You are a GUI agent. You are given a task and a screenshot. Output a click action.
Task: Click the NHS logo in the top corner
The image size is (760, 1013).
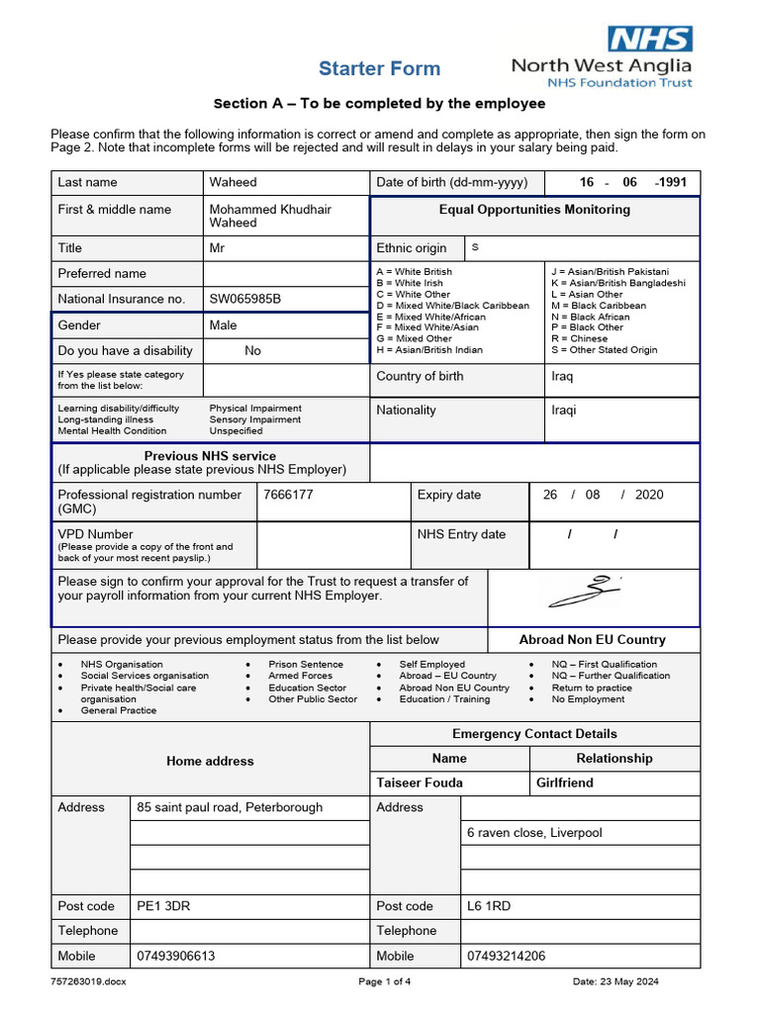click(x=650, y=39)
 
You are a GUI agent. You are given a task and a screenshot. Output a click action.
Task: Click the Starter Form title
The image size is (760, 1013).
click(x=379, y=68)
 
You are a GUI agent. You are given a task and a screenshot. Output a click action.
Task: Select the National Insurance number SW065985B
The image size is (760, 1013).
click(x=245, y=299)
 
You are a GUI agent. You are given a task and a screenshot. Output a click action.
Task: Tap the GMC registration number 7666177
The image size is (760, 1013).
click(x=288, y=495)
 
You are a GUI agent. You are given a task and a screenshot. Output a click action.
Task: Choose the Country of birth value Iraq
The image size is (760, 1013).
click(x=562, y=377)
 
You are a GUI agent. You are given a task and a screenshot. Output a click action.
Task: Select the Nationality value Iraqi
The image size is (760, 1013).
click(x=563, y=411)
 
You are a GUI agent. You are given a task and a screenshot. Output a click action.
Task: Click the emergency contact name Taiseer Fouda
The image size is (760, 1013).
click(x=420, y=783)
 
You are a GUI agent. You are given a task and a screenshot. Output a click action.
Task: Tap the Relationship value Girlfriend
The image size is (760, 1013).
click(x=565, y=783)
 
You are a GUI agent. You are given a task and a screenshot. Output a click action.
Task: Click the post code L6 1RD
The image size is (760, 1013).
click(x=489, y=906)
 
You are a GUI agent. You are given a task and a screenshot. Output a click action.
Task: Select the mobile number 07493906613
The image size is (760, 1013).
click(x=176, y=957)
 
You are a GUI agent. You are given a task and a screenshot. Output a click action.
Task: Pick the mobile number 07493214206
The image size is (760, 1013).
click(x=506, y=957)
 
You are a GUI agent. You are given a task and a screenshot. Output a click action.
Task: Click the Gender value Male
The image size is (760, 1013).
click(x=224, y=325)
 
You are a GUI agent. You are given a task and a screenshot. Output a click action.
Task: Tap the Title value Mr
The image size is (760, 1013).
click(x=217, y=248)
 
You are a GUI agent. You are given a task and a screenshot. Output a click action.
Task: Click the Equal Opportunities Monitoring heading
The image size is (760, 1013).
click(x=534, y=210)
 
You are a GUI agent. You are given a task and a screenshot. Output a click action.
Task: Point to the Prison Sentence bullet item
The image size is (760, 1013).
click(x=306, y=665)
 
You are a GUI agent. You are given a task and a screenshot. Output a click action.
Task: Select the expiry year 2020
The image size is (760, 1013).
click(x=649, y=495)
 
